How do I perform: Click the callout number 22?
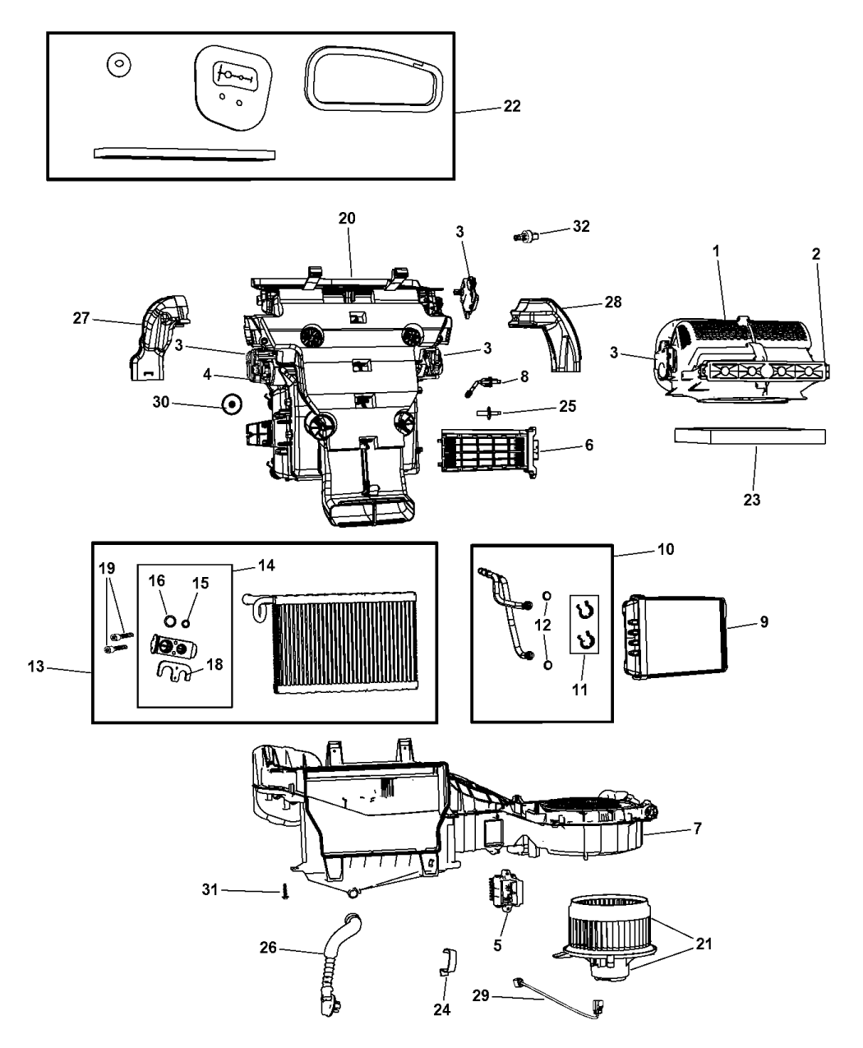coord(511,107)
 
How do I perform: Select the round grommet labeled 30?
coord(232,404)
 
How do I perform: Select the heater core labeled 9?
coord(675,638)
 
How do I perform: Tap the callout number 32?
coord(581,227)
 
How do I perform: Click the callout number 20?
coord(347,218)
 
